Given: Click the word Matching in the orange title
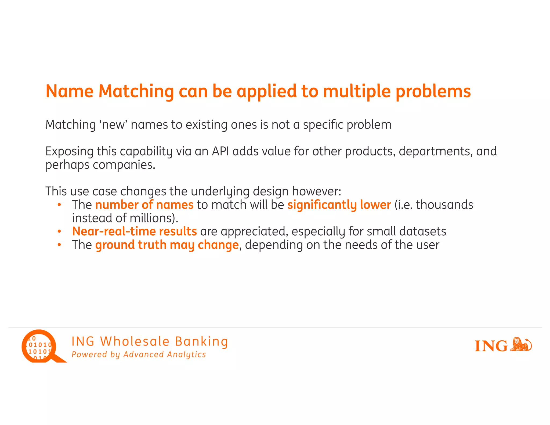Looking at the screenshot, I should tap(136, 91).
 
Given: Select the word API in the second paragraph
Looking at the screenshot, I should tap(220, 151).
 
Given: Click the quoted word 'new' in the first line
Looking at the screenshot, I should tap(113, 125).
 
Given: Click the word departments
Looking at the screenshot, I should tap(436, 151).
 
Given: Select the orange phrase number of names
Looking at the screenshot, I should tap(144, 205).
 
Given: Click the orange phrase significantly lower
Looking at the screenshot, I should tap(339, 205).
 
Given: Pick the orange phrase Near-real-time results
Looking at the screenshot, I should tap(134, 231).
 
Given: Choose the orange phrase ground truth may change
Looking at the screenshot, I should tap(167, 245).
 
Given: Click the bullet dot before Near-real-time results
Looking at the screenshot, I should tap(59, 231).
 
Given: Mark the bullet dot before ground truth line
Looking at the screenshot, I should tap(59, 245).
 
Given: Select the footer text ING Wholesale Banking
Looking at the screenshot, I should tap(150, 341).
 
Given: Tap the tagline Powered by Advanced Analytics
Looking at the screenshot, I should tap(139, 355).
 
